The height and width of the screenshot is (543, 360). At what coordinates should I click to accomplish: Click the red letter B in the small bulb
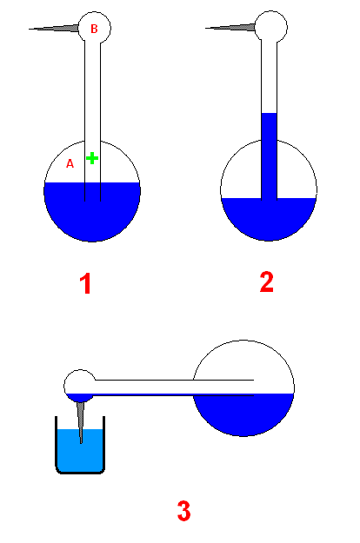[x=94, y=29]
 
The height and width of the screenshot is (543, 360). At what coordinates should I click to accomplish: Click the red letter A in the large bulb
[x=70, y=163]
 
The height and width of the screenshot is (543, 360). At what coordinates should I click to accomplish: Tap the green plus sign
[x=92, y=158]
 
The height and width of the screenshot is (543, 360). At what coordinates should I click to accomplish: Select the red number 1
[x=85, y=283]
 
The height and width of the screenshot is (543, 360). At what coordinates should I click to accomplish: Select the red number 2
[x=267, y=282]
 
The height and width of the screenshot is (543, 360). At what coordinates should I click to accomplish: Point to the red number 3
[x=184, y=511]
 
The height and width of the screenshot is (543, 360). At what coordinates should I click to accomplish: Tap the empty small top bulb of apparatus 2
[x=271, y=27]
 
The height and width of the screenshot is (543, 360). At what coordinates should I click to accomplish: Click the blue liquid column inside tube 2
[x=270, y=156]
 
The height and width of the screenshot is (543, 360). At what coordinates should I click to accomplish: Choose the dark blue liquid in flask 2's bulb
[x=269, y=219]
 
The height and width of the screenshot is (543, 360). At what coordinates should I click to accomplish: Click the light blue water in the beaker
[x=80, y=450]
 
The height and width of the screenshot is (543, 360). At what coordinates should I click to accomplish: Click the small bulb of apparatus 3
[x=80, y=386]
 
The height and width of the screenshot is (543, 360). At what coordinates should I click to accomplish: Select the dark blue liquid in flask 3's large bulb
[x=243, y=414]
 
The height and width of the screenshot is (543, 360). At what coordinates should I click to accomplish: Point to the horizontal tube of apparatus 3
[x=173, y=387]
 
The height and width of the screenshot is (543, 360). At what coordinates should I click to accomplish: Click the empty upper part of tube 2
[x=270, y=76]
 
